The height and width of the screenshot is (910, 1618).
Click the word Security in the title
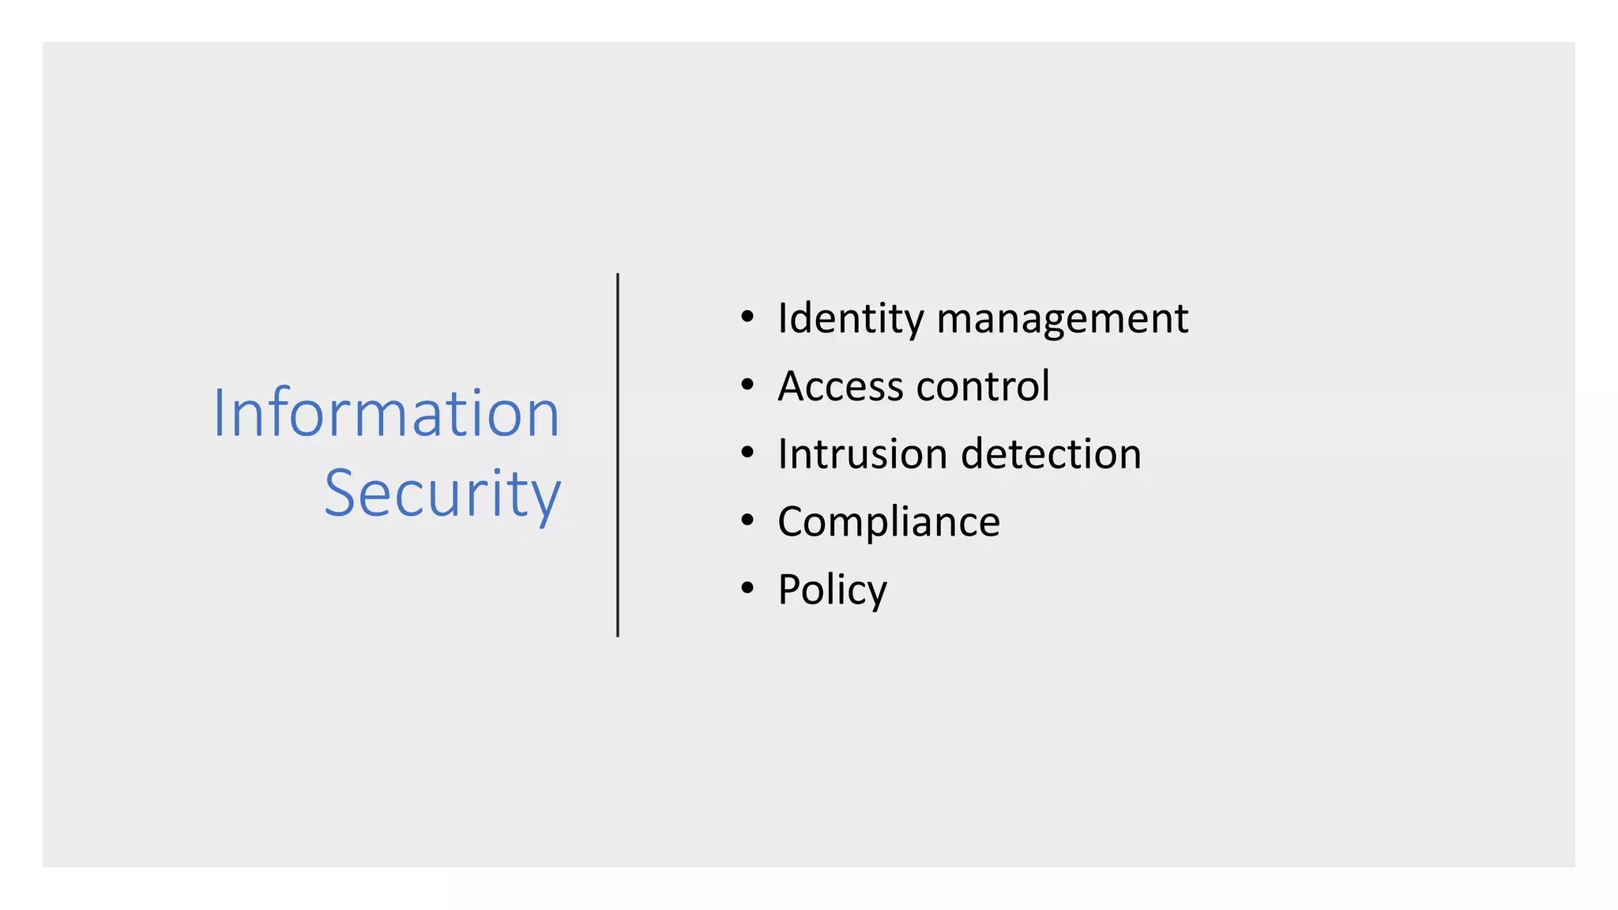tap(442, 493)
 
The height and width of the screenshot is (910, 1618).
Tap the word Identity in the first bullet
tap(850, 319)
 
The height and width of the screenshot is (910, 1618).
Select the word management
tap(1062, 319)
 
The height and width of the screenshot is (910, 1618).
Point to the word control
tap(983, 386)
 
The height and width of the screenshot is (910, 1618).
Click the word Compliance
tap(889, 522)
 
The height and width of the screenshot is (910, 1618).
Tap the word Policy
tap(833, 590)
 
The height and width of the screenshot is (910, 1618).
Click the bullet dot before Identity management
tap(747, 318)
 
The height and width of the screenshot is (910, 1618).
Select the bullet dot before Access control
tap(747, 385)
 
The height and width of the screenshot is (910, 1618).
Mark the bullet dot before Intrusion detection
tap(747, 453)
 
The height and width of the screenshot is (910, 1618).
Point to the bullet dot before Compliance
tap(747, 521)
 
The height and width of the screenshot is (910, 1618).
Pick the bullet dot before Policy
tap(747, 588)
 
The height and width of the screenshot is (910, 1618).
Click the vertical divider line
tap(618, 455)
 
